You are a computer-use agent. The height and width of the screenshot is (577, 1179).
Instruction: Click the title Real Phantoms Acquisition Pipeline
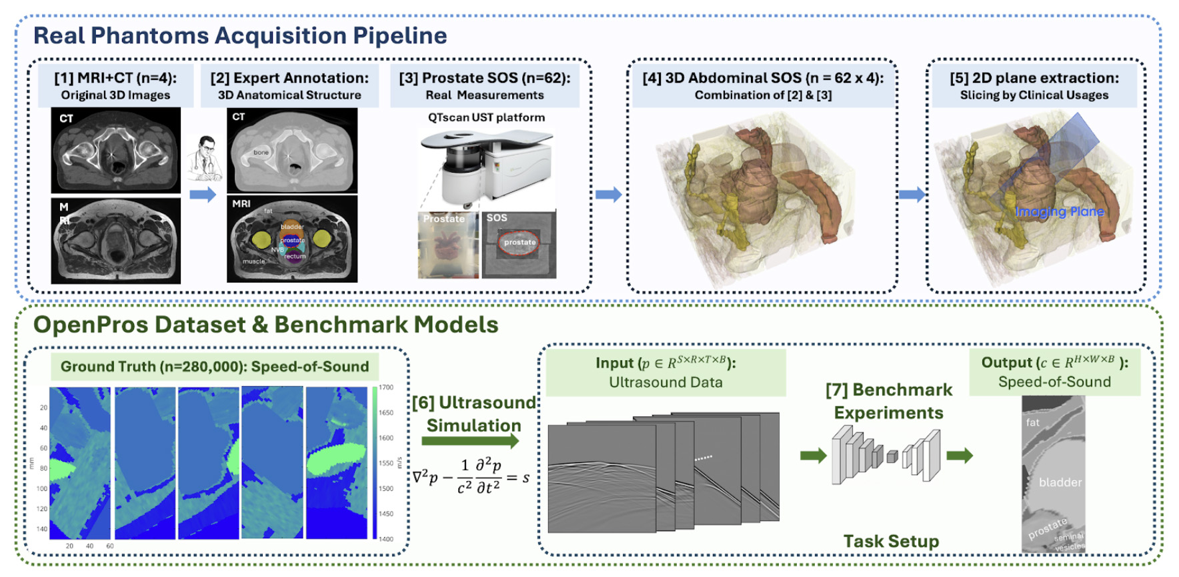pos(240,35)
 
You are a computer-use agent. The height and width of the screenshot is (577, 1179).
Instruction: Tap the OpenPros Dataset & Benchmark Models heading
pos(265,325)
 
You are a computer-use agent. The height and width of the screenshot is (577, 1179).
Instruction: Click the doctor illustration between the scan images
pos(204,158)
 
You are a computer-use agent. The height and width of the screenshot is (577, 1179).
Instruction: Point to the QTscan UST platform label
pos(486,117)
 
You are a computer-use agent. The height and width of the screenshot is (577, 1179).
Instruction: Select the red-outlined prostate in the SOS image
pos(519,243)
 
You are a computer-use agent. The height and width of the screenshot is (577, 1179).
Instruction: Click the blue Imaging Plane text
pos(1059,212)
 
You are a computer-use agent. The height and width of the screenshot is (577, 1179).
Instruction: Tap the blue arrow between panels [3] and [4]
pos(608,195)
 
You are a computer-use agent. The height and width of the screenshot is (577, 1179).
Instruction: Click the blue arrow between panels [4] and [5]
pos(912,195)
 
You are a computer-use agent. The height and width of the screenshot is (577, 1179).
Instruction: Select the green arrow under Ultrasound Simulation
pos(469,441)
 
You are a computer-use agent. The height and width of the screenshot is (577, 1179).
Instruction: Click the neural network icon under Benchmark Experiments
pos(886,456)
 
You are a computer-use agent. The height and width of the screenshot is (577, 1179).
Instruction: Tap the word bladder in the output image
pos(1060,482)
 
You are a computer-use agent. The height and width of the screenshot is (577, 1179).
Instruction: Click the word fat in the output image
pos(1032,422)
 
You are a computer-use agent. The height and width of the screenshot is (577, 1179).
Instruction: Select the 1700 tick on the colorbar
pos(386,388)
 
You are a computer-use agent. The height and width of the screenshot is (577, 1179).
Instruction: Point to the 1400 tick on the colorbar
pos(386,539)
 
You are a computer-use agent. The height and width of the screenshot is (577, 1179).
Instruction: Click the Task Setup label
pos(891,541)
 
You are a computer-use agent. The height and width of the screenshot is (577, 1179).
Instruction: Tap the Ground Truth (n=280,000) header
pos(215,367)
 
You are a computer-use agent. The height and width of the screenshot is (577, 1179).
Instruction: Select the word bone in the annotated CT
pos(261,153)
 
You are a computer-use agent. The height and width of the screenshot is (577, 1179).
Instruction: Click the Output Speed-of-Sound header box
pos(1054,372)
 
